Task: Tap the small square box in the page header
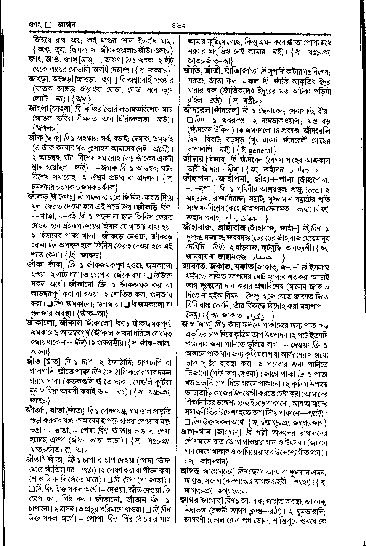(48, 26)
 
